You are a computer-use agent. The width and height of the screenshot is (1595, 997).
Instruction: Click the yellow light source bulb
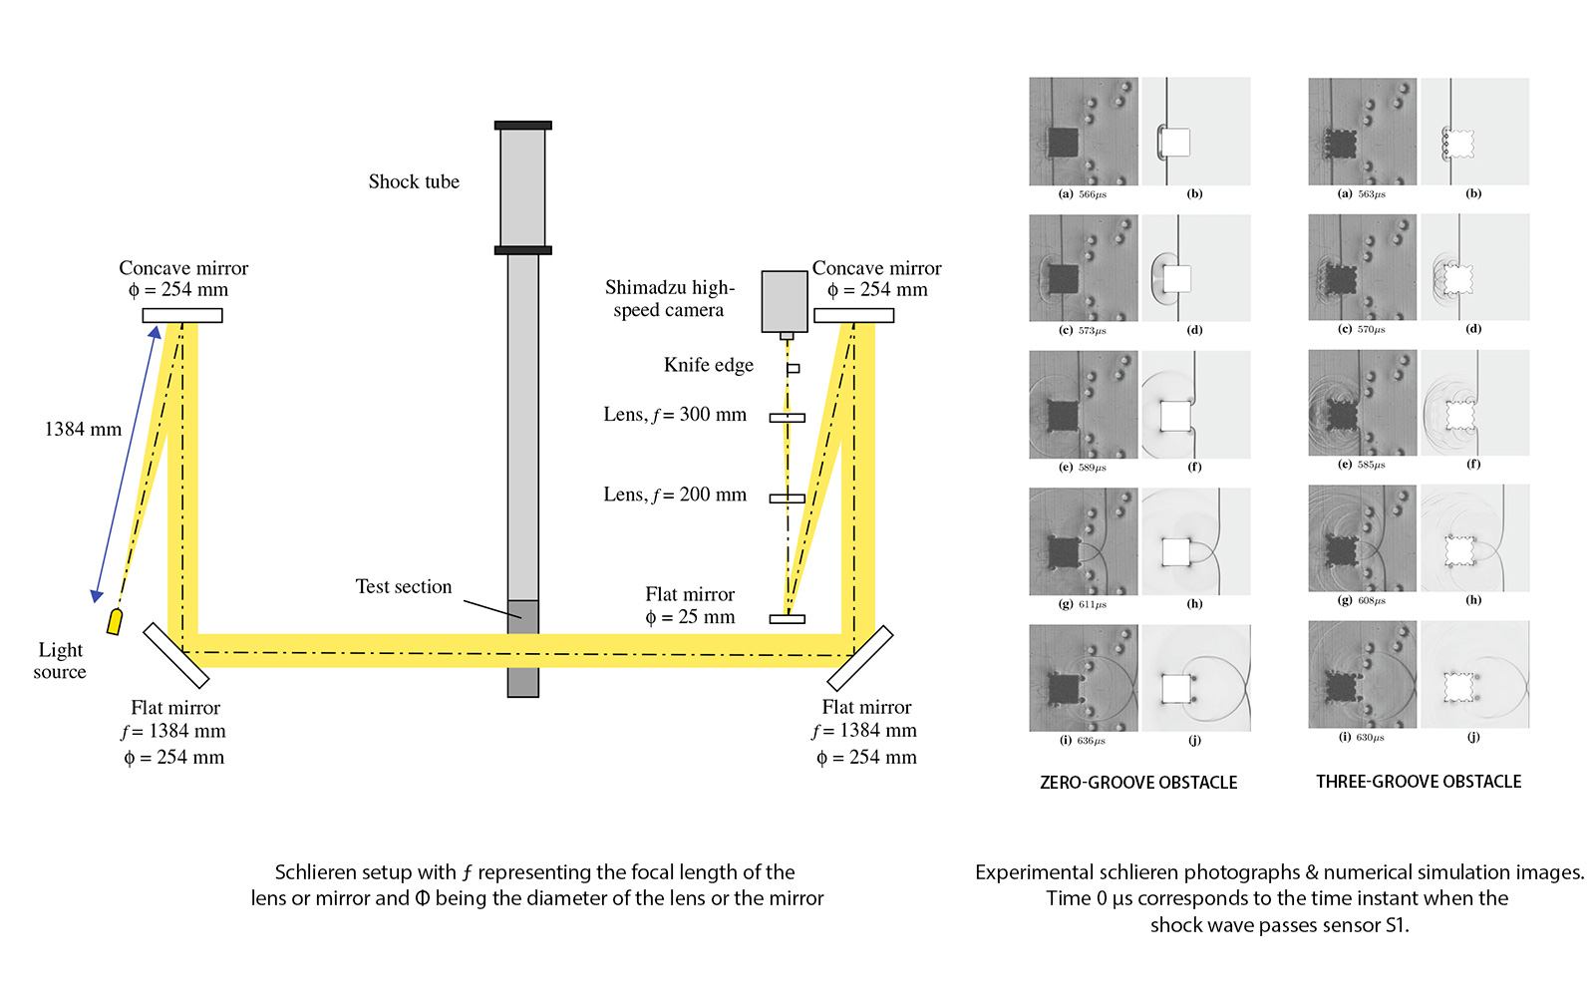(x=115, y=622)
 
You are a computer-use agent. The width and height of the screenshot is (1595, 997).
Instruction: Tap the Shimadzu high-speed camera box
(x=785, y=300)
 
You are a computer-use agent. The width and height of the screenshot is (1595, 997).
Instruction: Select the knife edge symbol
(x=793, y=368)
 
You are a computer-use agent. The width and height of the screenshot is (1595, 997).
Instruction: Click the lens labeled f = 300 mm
(x=787, y=417)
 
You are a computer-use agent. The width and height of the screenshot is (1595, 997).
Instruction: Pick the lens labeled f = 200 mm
(x=787, y=498)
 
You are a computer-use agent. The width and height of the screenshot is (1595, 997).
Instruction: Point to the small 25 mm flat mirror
(x=787, y=619)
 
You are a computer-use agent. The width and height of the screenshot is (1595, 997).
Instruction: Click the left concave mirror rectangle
(x=182, y=315)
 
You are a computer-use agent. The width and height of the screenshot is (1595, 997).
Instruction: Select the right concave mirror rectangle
(x=853, y=315)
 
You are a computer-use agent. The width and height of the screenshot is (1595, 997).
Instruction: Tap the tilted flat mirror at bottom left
(x=175, y=655)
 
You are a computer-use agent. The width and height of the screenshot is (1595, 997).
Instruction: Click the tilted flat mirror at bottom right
(x=859, y=658)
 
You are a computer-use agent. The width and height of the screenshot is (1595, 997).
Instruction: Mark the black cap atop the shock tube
(x=522, y=126)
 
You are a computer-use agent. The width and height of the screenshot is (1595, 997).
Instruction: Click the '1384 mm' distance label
(x=83, y=430)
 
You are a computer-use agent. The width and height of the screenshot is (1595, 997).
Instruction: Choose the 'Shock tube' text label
(x=414, y=181)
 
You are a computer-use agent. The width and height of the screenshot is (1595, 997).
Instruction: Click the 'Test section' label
(x=404, y=586)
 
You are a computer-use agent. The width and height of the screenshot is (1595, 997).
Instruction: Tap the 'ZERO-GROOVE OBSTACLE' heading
(x=1138, y=783)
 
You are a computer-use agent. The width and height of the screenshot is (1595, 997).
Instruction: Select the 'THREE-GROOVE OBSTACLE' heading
(x=1419, y=782)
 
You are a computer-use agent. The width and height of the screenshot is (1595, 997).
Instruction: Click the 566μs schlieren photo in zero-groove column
(x=1084, y=132)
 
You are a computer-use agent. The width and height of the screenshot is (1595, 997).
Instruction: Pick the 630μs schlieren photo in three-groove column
(x=1362, y=675)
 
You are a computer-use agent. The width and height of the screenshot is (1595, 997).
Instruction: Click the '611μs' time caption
(x=1093, y=604)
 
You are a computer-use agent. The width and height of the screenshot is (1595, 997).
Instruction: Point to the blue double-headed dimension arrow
(x=126, y=464)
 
